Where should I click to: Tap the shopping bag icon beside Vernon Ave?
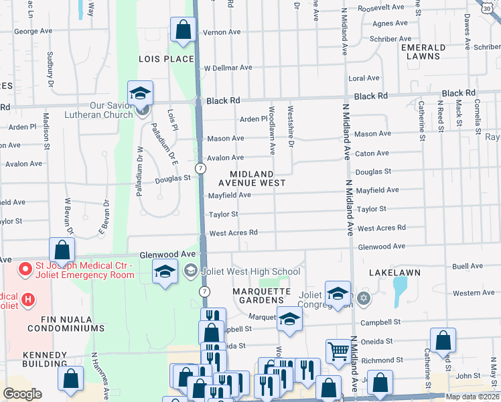point(182,30)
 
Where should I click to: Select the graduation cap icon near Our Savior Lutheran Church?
point(140,94)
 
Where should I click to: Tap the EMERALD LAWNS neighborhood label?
point(423,52)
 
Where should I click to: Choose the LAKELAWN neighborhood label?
point(394,273)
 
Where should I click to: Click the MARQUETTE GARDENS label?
point(261,296)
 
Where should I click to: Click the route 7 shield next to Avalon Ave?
point(200,167)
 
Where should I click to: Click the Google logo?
point(22,393)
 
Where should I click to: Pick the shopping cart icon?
point(338,350)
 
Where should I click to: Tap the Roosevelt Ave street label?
point(381,7)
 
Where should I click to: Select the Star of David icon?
point(363,297)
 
